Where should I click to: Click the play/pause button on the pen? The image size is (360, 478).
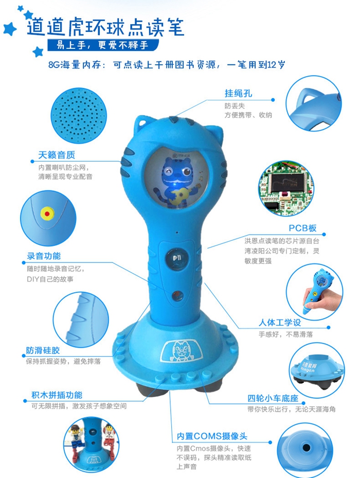pyautogui.click(x=177, y=258)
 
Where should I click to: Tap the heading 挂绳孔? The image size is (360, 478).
pyautogui.click(x=239, y=93)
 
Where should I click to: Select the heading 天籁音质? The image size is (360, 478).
pyautogui.click(x=57, y=155)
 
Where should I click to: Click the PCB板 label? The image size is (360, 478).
pyautogui.click(x=303, y=228)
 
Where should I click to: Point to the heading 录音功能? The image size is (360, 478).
pyautogui.click(x=44, y=256)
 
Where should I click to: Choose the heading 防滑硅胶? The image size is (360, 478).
pyautogui.click(x=43, y=350)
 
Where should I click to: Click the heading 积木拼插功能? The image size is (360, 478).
pyautogui.click(x=57, y=395)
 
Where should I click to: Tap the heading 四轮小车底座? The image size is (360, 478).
pyautogui.click(x=273, y=398)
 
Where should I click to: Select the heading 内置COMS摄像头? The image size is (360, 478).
pyautogui.click(x=212, y=436)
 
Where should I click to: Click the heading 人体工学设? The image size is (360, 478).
pyautogui.click(x=280, y=323)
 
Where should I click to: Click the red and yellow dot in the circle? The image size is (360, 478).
pyautogui.click(x=47, y=214)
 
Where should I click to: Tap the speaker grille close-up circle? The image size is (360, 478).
pyautogui.click(x=79, y=116)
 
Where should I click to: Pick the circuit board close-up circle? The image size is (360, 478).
pyautogui.click(x=286, y=188)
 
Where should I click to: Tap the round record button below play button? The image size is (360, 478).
pyautogui.click(x=177, y=295)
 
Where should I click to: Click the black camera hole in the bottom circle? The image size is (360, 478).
pyautogui.click(x=306, y=448)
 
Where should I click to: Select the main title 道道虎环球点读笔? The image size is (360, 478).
pyautogui.click(x=105, y=27)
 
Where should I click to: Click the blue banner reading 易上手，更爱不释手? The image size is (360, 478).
pyautogui.click(x=103, y=45)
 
